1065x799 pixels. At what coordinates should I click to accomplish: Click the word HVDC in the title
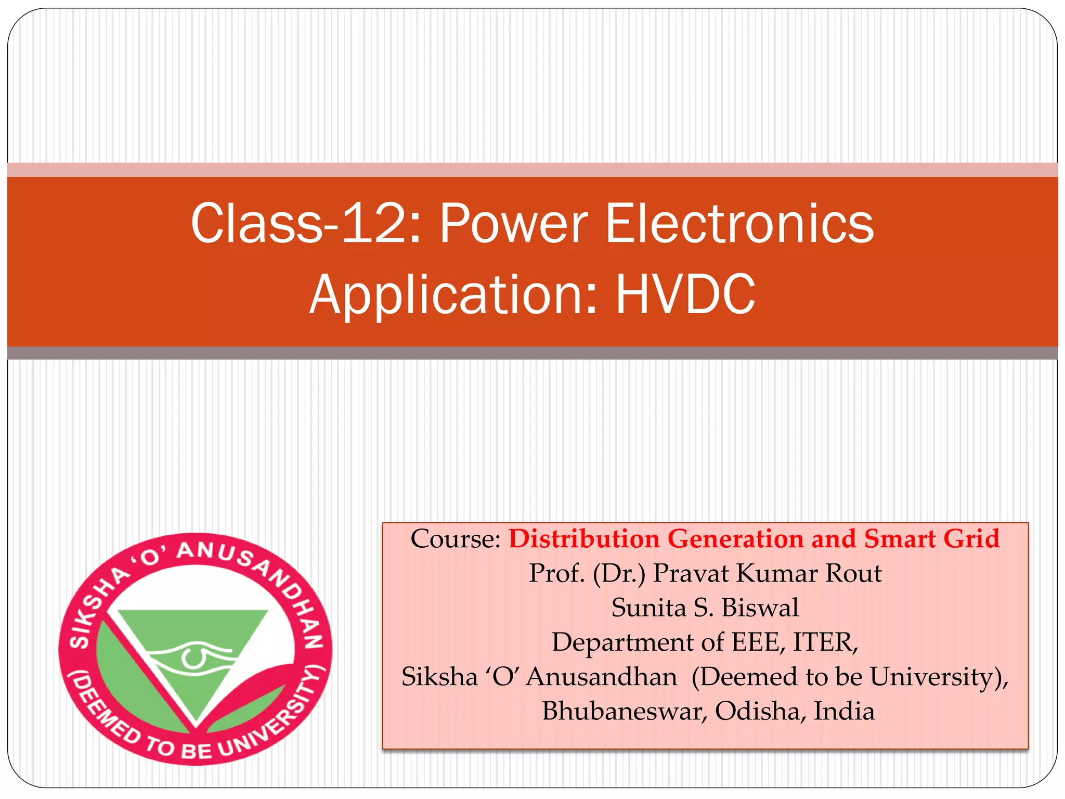[x=685, y=294]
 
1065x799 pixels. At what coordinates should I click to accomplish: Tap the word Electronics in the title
[x=739, y=224]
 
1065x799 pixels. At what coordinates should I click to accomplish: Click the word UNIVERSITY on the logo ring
[x=270, y=718]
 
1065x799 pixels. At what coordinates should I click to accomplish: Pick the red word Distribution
[x=584, y=539]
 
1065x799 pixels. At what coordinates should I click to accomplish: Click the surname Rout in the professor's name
[x=853, y=573]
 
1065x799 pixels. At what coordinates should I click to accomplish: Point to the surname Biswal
[x=760, y=608]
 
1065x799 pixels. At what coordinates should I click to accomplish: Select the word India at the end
[x=843, y=711]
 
